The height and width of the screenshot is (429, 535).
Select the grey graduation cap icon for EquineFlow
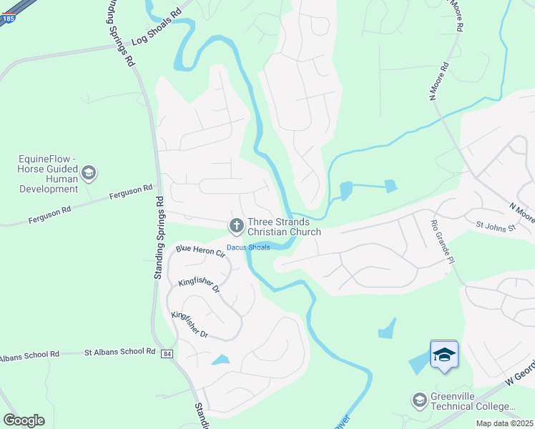click(89, 173)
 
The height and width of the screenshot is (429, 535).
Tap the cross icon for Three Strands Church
click(235, 227)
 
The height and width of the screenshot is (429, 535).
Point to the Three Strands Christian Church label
click(284, 227)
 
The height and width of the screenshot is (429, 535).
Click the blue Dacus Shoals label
click(248, 247)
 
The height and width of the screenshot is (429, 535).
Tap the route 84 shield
click(167, 354)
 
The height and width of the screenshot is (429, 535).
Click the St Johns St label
click(496, 227)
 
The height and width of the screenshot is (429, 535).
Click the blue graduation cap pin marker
click(444, 355)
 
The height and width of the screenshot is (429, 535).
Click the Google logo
click(24, 420)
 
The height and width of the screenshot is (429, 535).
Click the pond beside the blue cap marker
click(417, 364)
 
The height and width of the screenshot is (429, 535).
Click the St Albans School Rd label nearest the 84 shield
click(119, 352)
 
